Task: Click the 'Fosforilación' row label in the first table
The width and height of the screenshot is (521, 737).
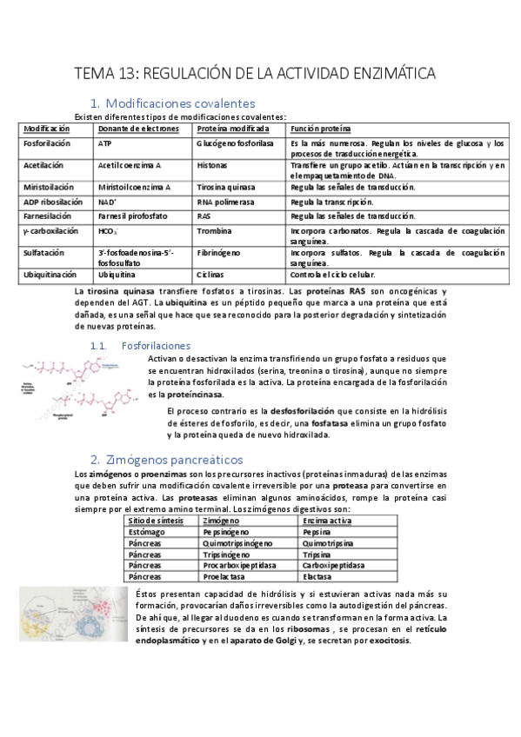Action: click(47, 143)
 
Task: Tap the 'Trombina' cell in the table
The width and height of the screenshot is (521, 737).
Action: click(214, 231)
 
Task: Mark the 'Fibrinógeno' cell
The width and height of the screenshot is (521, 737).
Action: click(218, 253)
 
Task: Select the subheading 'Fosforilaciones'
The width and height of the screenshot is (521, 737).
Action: click(156, 345)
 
